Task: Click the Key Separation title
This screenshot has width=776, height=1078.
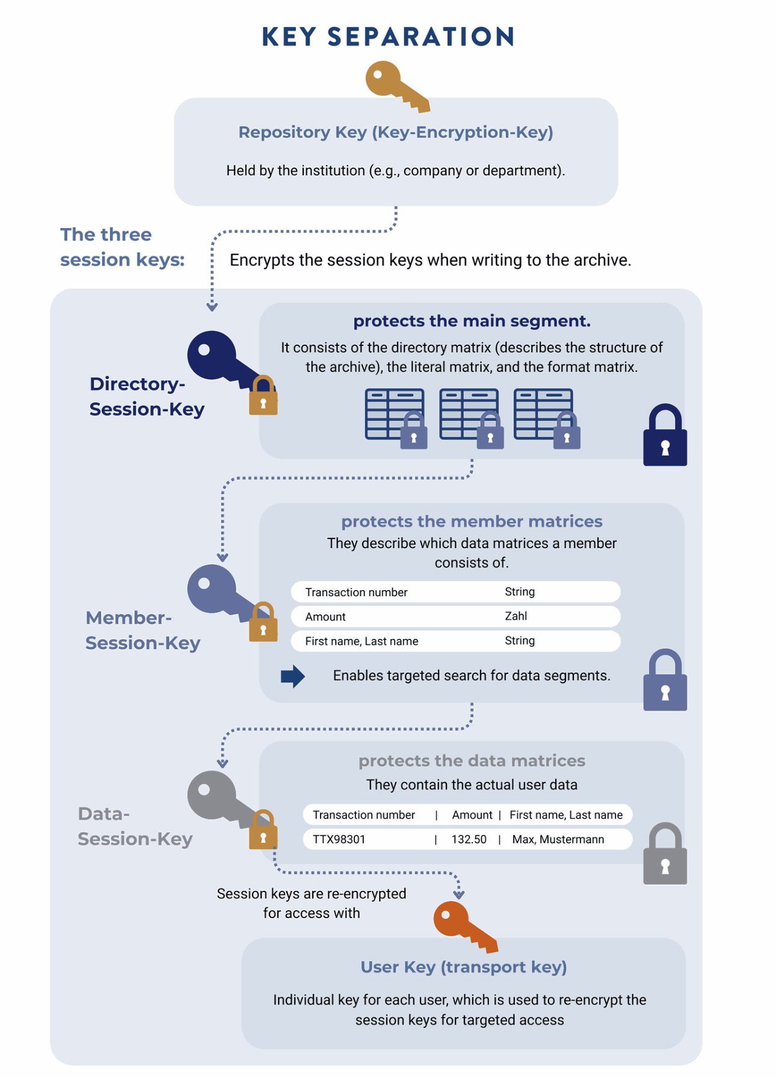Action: click(x=388, y=37)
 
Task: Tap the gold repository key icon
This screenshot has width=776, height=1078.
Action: click(x=394, y=86)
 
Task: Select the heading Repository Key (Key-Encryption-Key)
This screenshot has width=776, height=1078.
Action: click(x=395, y=132)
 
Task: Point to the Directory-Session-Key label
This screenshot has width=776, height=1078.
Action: click(x=146, y=396)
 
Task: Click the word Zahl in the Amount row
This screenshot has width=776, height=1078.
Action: click(x=516, y=616)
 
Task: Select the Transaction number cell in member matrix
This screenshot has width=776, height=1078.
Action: click(x=356, y=592)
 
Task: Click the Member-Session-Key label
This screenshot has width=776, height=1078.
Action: click(x=143, y=630)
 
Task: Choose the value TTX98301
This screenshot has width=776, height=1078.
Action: click(x=339, y=839)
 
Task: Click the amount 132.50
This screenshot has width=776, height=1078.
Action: click(x=469, y=839)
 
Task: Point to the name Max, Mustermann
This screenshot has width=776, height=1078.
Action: click(x=558, y=839)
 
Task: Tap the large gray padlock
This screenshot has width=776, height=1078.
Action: click(x=665, y=855)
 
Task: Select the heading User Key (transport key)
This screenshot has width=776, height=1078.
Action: click(x=463, y=967)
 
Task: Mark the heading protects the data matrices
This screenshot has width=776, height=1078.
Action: click(x=472, y=760)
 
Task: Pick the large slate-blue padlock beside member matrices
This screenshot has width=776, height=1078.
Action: click(x=665, y=682)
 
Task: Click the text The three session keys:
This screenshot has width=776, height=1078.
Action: click(x=122, y=247)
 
